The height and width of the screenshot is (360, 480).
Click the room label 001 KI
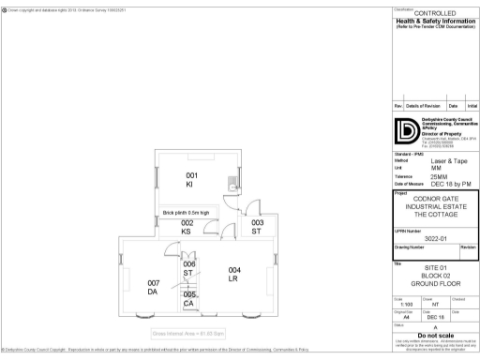click(191, 180)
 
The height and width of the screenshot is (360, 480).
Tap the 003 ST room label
click(257, 227)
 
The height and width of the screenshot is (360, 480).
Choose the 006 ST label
click(188, 269)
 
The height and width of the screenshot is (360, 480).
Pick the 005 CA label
click(188, 299)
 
